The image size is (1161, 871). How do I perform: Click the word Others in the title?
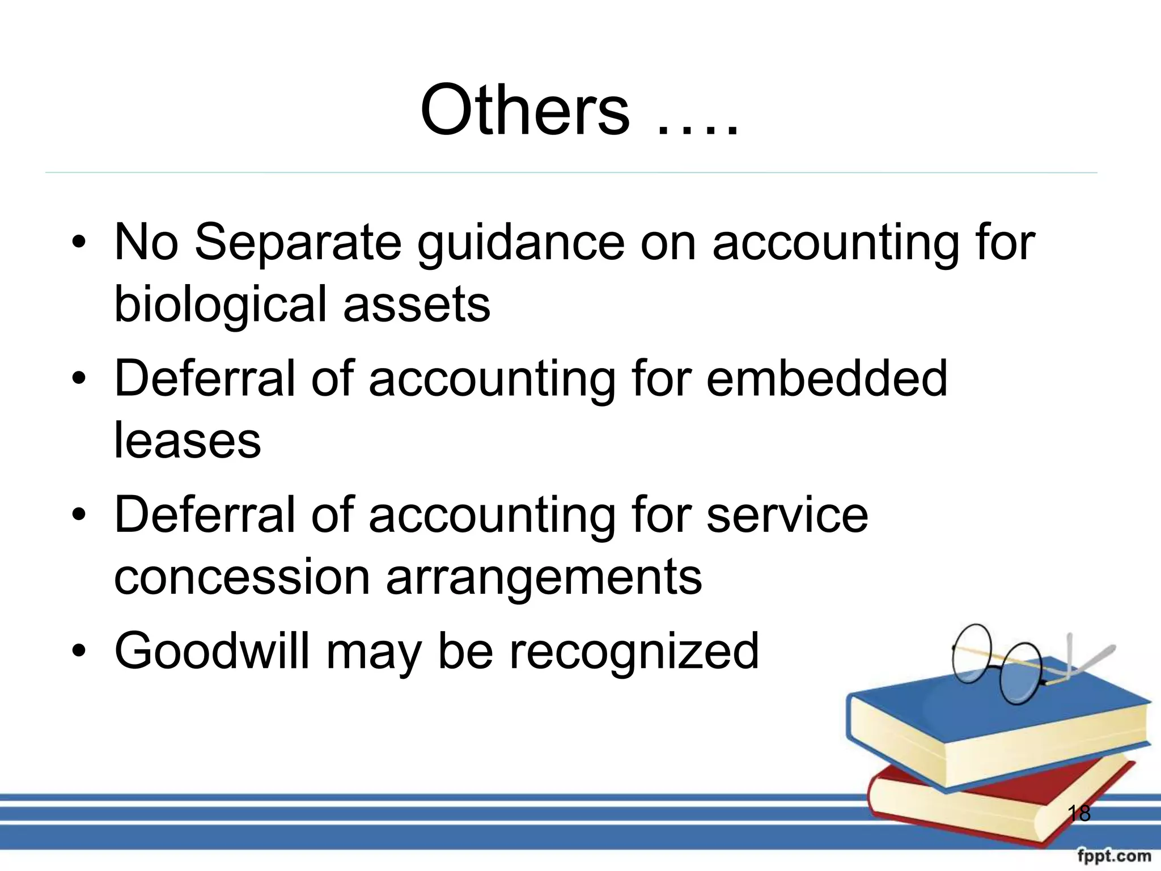[x=524, y=110]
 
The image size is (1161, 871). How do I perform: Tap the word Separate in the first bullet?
[x=298, y=242]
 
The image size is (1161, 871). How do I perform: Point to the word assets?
[x=417, y=305]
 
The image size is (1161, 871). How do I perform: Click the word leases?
[x=188, y=441]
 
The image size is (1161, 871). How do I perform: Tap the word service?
[x=787, y=514]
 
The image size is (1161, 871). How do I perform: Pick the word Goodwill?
[x=212, y=651]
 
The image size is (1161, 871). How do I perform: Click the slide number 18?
[x=1079, y=813]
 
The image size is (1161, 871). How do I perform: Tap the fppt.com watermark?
[x=1114, y=855]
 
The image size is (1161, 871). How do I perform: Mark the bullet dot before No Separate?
[x=79, y=242]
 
